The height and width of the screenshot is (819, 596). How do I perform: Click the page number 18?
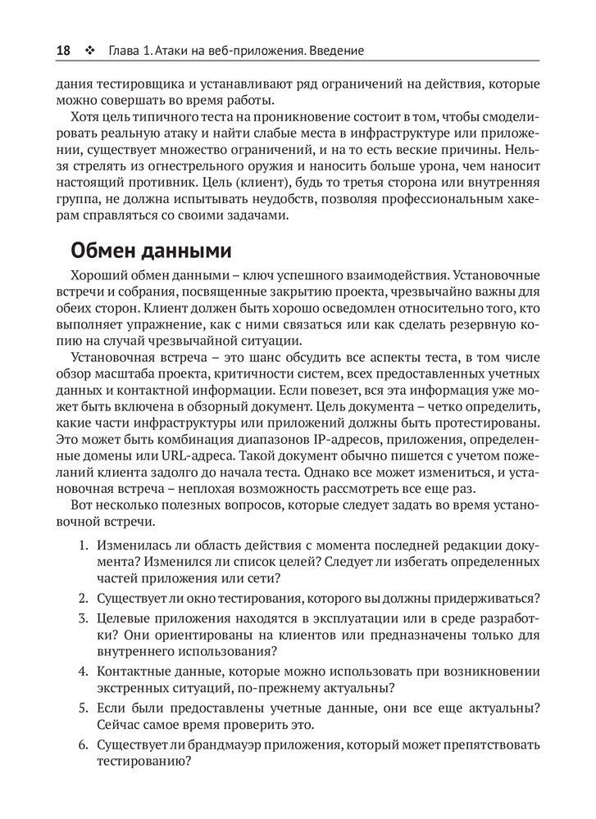point(62,51)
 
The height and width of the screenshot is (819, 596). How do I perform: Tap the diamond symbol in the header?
point(89,51)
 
